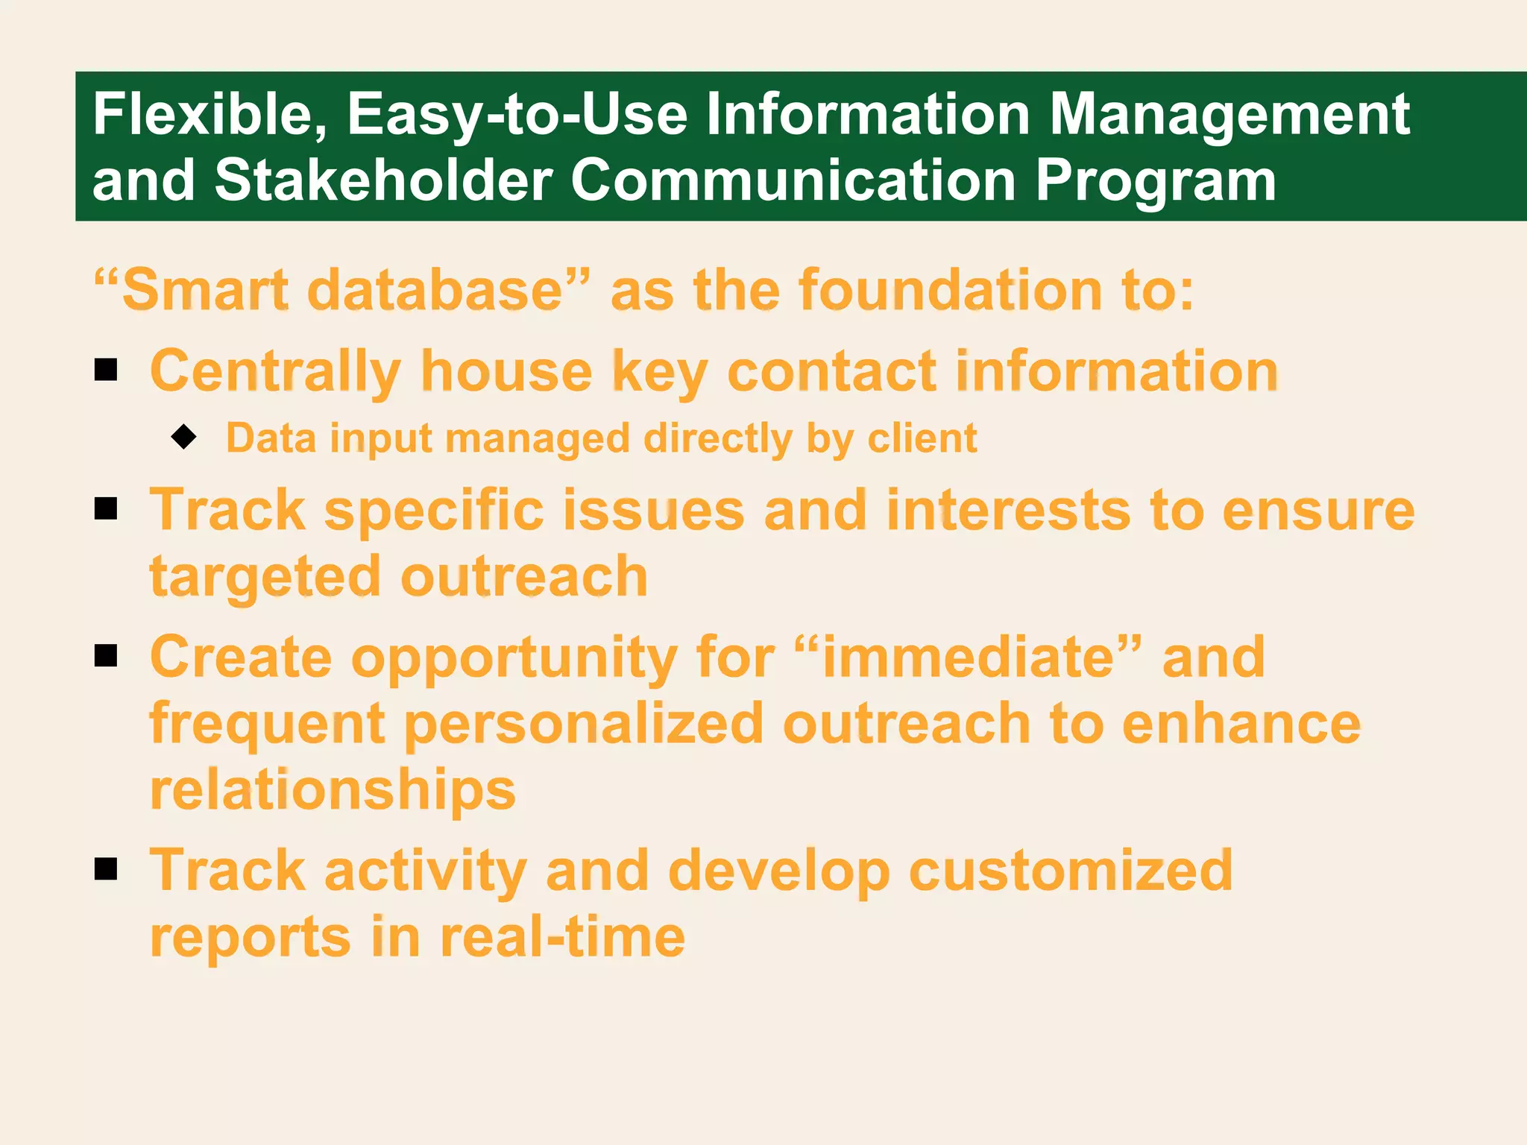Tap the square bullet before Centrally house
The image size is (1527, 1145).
point(107,370)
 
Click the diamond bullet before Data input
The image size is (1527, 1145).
point(183,437)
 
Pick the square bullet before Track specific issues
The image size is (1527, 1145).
point(107,509)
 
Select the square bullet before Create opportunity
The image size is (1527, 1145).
point(107,656)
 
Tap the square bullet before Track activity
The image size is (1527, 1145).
point(107,868)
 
